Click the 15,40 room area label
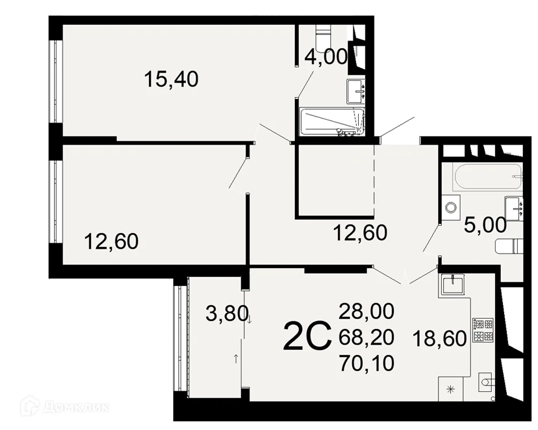(x=171, y=79)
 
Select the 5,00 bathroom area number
(x=485, y=225)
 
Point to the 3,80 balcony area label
(x=227, y=313)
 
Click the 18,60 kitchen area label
(x=440, y=339)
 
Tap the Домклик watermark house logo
(x=28, y=407)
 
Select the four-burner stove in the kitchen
(x=483, y=330)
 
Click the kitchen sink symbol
(x=452, y=285)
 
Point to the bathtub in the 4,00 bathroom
(x=332, y=121)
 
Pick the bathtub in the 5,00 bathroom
(x=488, y=177)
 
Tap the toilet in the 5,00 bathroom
(x=509, y=247)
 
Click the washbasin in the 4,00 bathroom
(x=356, y=91)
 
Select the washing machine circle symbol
(x=450, y=207)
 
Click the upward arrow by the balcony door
(x=236, y=359)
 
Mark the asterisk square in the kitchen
(x=451, y=389)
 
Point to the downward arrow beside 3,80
(x=250, y=320)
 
